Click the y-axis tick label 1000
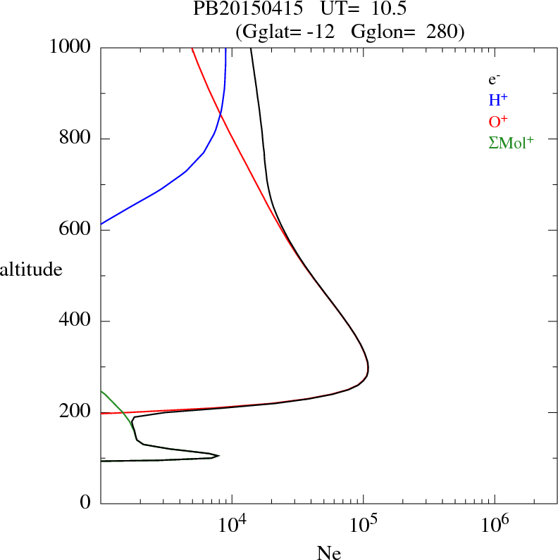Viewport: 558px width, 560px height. pyautogui.click(x=70, y=48)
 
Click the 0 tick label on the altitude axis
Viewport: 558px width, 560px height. pyautogui.click(x=85, y=503)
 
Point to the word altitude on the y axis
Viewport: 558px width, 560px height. pyautogui.click(x=31, y=269)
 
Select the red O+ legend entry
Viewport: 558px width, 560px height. pyautogui.click(x=498, y=121)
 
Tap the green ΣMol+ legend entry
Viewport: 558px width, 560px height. pyautogui.click(x=511, y=142)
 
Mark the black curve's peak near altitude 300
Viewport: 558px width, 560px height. pyautogui.click(x=368, y=368)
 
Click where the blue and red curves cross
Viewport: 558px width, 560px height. pyautogui.click(x=221, y=113)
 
